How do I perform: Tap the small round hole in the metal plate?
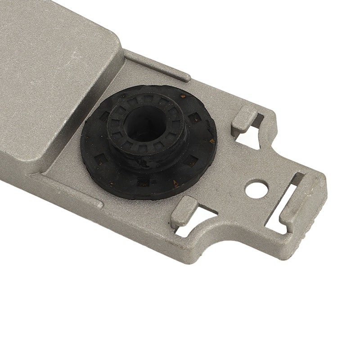[x=257, y=186]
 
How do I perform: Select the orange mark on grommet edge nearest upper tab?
[x=211, y=141]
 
